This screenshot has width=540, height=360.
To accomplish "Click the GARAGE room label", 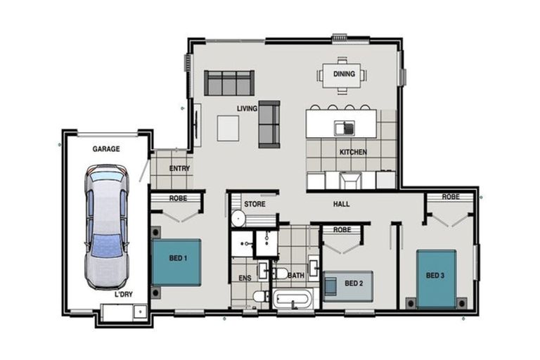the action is pyautogui.click(x=106, y=149).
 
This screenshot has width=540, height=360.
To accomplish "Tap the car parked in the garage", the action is pyautogui.click(x=107, y=227).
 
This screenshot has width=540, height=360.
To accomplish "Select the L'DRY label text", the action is pyautogui.click(x=123, y=295).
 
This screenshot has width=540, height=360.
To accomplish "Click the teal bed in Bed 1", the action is pyautogui.click(x=176, y=262).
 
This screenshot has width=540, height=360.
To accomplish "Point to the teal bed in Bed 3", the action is pyautogui.click(x=436, y=278).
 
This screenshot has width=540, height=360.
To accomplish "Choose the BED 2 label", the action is pyautogui.click(x=354, y=283).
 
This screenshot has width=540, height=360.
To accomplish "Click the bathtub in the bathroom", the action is pyautogui.click(x=292, y=299).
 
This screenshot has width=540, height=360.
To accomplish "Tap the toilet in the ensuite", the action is pyautogui.click(x=261, y=296).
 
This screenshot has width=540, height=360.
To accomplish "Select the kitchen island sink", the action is pyautogui.click(x=345, y=128).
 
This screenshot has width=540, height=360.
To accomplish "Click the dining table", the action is pyautogui.click(x=342, y=76).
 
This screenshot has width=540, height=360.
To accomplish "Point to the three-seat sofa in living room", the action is pyautogui.click(x=229, y=83).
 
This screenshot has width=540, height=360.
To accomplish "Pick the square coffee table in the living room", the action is pyautogui.click(x=228, y=128).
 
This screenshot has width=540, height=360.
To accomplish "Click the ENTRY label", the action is pyautogui.click(x=179, y=169).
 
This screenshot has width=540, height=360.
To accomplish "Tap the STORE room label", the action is pyautogui.click(x=255, y=204).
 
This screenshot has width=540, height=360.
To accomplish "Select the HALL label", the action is pyautogui.click(x=341, y=204).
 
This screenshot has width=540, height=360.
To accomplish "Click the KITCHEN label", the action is pyautogui.click(x=353, y=152).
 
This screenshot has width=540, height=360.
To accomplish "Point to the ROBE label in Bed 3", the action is pyautogui.click(x=451, y=197).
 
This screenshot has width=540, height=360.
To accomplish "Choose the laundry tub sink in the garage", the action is pyautogui.click(x=140, y=311).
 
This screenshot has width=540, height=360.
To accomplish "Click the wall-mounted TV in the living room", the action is pyautogui.click(x=197, y=125).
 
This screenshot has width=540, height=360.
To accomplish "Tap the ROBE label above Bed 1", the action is pyautogui.click(x=178, y=198).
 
